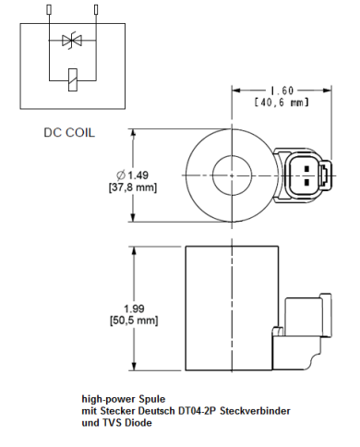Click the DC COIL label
pos(70,132)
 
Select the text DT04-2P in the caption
pos(200,412)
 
